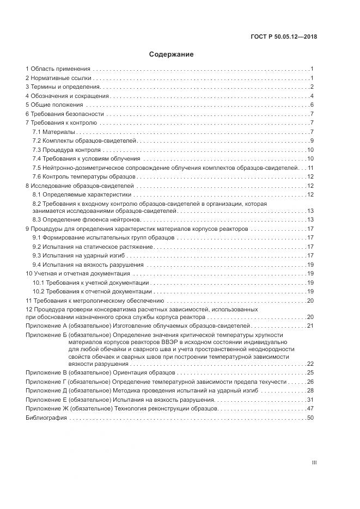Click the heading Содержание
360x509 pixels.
171,54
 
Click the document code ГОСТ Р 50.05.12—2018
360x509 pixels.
284,37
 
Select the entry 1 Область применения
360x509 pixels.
58,69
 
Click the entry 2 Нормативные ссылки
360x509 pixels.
58,78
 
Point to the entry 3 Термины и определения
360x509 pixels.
63,87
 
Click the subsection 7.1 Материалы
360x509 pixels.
53,132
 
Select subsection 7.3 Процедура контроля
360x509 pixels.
66,149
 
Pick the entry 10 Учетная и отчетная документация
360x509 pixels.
77,273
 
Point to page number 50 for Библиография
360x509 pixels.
311,418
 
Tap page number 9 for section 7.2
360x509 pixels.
312,140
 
